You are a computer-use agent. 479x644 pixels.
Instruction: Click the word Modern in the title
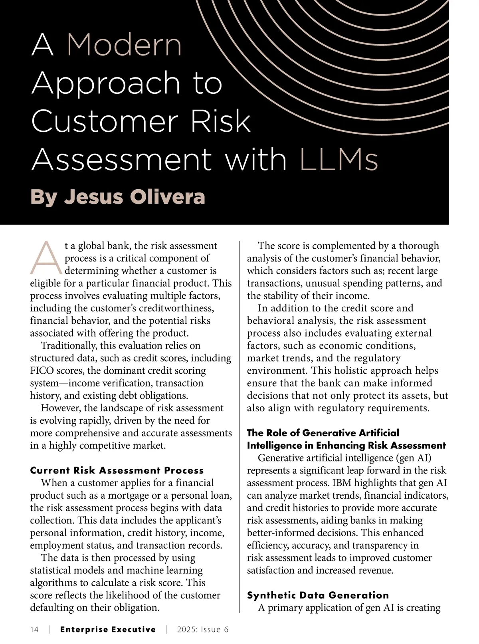tap(124, 45)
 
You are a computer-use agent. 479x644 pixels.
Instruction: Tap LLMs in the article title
tap(338, 160)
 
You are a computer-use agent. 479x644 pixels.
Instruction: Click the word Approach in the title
tap(105, 83)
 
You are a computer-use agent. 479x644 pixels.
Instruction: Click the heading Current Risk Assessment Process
tap(117, 470)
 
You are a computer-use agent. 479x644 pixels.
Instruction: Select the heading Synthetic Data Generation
tap(318, 595)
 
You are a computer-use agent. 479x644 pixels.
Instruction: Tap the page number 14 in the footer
tap(34, 630)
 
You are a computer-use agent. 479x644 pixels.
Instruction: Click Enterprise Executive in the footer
tap(108, 630)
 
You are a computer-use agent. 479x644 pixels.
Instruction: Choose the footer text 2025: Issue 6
tap(203, 630)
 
